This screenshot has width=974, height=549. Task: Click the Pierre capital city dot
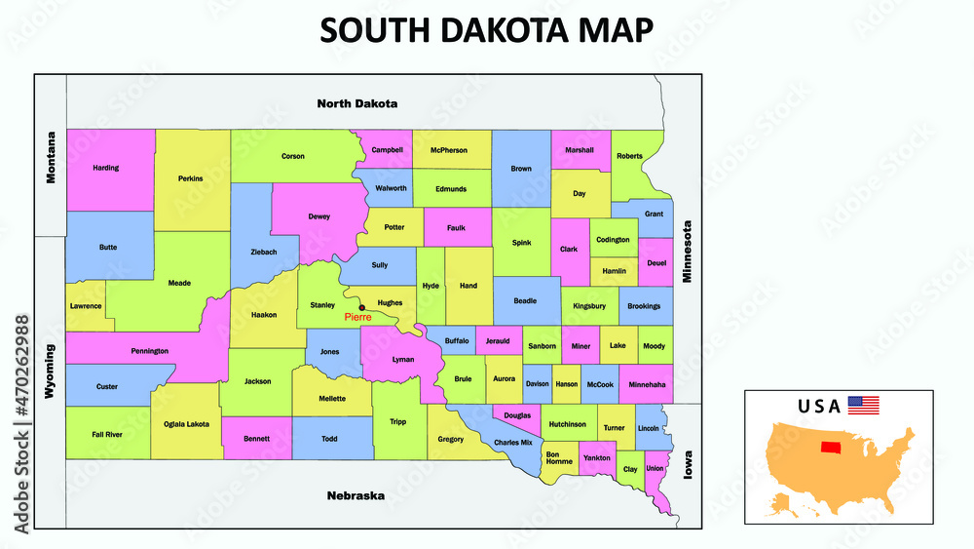(362, 308)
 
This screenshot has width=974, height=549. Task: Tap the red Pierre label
(357, 318)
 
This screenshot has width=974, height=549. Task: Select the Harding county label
(105, 168)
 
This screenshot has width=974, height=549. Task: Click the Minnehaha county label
(645, 384)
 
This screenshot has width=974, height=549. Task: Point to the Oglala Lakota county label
(185, 422)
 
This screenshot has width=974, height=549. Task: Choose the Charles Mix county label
(513, 443)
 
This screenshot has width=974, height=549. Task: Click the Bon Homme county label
(559, 457)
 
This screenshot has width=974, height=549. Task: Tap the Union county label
(655, 468)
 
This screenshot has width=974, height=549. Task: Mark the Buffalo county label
(457, 341)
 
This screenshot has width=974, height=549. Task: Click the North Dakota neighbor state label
(357, 103)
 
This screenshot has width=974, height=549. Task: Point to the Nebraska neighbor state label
(355, 495)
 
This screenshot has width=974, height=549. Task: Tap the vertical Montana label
(52, 157)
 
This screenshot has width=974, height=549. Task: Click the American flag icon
(863, 405)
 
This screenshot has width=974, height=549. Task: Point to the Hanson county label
(566, 384)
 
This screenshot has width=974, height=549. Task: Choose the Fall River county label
(107, 434)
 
